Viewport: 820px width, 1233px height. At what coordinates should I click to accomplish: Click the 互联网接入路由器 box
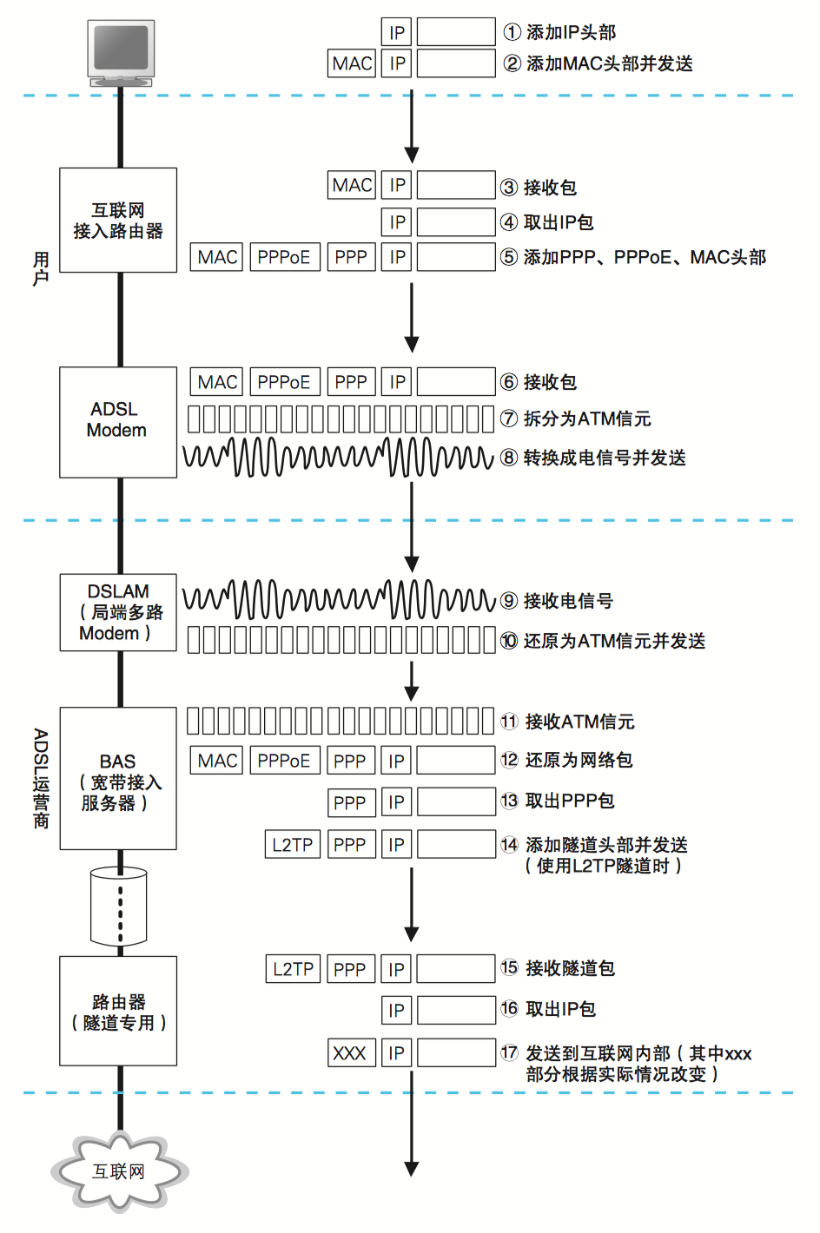[118, 221]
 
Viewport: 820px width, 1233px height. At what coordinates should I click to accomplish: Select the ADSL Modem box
[118, 422]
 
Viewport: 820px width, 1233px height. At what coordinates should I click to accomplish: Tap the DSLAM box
[118, 612]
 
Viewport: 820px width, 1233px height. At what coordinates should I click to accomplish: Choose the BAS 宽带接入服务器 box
[118, 779]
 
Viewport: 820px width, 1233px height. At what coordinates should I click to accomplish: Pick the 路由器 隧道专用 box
[118, 1012]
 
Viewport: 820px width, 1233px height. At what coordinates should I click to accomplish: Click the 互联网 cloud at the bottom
[119, 1171]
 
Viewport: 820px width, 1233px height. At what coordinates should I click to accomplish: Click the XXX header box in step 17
[351, 1053]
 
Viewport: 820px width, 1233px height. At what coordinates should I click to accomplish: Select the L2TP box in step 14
[293, 844]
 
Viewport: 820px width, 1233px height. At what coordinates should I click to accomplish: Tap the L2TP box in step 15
[293, 969]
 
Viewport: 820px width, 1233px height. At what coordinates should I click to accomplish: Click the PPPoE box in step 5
[284, 257]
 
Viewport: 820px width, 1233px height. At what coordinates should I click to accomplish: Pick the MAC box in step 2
[352, 63]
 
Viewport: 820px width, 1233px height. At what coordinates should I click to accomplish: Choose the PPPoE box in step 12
[284, 761]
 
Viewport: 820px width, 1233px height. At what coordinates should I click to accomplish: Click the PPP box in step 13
[350, 802]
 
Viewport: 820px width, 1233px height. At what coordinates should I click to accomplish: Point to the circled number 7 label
[510, 419]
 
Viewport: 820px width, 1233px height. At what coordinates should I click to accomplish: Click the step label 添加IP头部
[571, 32]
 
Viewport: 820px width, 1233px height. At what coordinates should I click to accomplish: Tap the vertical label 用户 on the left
[41, 269]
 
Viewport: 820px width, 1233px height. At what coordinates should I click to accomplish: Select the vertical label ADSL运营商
[41, 778]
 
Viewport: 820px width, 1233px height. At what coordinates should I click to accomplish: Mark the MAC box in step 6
[217, 382]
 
